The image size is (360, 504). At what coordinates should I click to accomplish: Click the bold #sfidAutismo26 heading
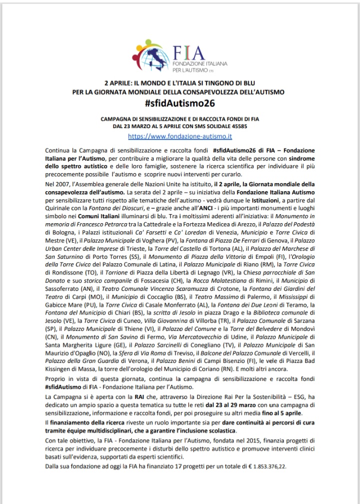[x=179, y=104]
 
